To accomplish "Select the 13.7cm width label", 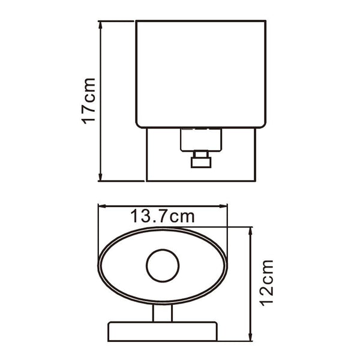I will pyautogui.click(x=163, y=216).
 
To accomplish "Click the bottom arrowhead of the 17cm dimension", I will pyautogui.click(x=101, y=178).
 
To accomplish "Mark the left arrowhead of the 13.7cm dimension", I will pyautogui.click(x=102, y=206).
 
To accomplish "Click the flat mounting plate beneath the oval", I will pyautogui.click(x=162, y=331).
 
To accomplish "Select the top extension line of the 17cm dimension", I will pyautogui.click(x=118, y=21).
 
